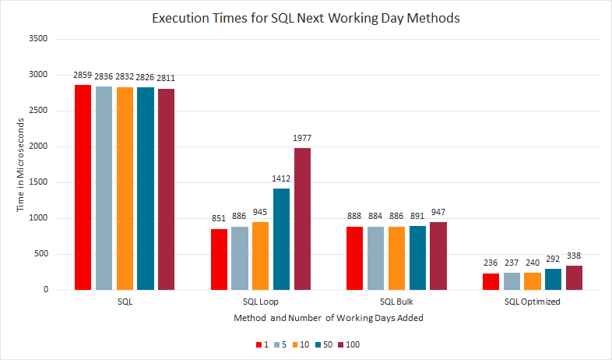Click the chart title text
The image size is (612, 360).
coord(305,18)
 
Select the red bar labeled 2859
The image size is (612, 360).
coord(83,187)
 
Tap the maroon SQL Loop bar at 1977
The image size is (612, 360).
coord(302,218)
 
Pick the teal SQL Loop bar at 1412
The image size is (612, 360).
coord(281,238)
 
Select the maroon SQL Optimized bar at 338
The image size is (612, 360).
coord(575,277)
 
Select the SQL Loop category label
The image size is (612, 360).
coord(260,302)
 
